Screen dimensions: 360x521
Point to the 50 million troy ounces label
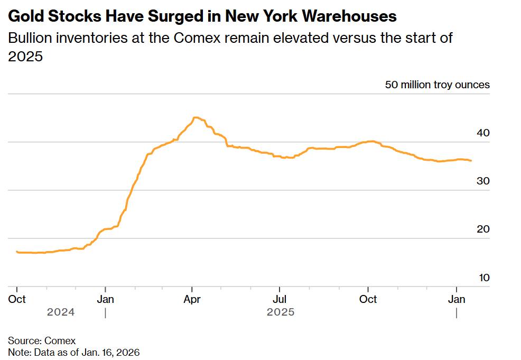pos(437,85)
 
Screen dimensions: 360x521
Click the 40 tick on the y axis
pos(482,133)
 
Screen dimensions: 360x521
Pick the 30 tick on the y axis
pos(482,181)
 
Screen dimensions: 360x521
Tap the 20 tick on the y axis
pos(482,229)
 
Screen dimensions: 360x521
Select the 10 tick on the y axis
pos(482,278)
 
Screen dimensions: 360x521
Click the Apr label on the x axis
pos(192,299)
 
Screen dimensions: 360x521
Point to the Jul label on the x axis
pos(280,299)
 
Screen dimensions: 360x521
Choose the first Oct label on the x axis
pos(17,299)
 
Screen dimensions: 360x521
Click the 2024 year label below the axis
pos(61,312)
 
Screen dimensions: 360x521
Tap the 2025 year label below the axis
pos(281,312)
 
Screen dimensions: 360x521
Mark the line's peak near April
pos(196,117)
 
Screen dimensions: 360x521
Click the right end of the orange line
pos(471,161)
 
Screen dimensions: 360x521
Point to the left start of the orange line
pos(17,252)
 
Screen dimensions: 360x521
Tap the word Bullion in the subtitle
pos(26,39)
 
